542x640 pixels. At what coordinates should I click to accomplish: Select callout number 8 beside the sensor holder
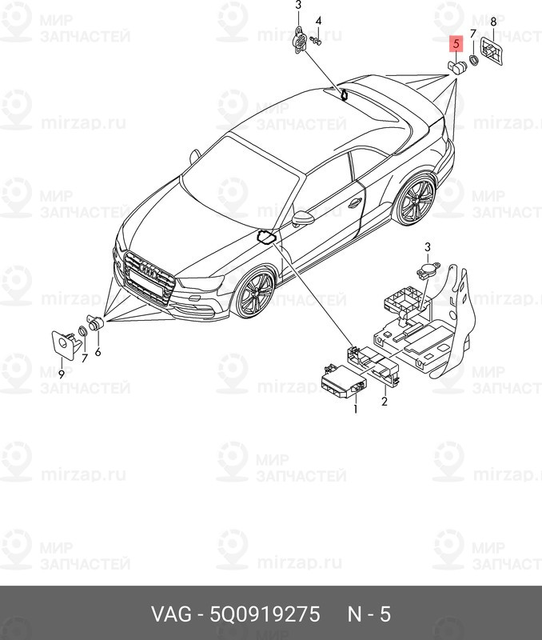pos(492,22)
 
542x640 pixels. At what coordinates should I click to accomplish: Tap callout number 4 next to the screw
pos(318,21)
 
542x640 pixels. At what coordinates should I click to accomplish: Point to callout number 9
pos(61,372)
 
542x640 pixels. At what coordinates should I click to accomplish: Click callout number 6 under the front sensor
pos(98,352)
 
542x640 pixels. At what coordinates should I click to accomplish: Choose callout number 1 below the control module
pos(357,409)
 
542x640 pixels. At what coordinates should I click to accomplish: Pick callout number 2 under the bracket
pos(385,402)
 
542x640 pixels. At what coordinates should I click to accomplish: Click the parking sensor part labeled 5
pos(458,66)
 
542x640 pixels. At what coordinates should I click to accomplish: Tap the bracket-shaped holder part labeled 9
pos(63,344)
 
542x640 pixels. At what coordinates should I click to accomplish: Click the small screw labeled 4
pos(317,40)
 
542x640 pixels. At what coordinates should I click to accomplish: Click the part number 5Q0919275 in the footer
pos(266,614)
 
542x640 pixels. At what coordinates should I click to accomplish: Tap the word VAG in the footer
pos(169,614)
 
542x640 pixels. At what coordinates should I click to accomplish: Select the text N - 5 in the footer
pos(368,614)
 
